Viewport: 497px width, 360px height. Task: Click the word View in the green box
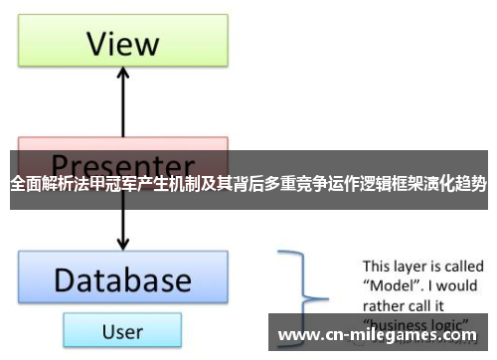pos(122,44)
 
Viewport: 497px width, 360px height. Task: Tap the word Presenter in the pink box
pos(122,163)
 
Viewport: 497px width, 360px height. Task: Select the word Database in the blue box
pos(122,279)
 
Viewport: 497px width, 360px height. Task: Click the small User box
pos(121,330)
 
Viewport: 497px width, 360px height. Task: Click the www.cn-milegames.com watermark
pos(384,335)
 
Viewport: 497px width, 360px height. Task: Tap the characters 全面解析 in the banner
pos(38,184)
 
